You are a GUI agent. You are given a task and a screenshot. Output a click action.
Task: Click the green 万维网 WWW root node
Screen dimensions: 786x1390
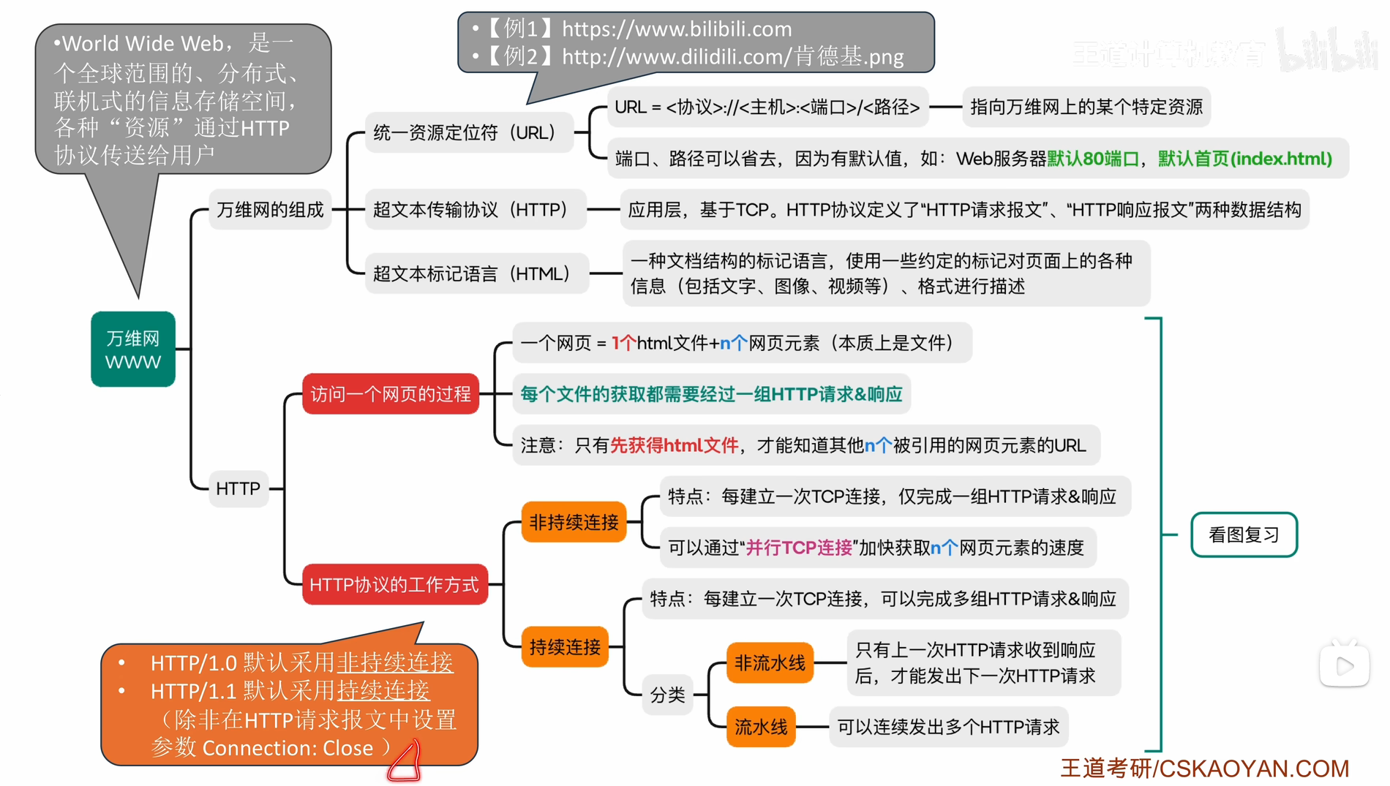(x=133, y=349)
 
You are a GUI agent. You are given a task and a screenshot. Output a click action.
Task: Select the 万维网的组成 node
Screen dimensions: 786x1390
(x=270, y=210)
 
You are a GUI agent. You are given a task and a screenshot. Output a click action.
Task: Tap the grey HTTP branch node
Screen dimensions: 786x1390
(x=238, y=488)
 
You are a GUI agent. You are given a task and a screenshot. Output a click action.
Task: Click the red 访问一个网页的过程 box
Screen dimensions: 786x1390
(x=391, y=394)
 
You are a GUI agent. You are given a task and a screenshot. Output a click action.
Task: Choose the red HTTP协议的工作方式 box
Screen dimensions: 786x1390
(x=394, y=584)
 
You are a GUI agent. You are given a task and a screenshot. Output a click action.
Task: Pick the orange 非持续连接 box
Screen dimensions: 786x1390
(x=574, y=522)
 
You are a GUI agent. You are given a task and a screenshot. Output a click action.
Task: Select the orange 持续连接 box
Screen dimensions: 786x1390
(x=565, y=646)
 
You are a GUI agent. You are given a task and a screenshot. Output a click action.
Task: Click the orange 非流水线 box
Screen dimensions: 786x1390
(x=770, y=663)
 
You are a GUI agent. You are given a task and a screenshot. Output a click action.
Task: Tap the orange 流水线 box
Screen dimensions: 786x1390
(x=761, y=727)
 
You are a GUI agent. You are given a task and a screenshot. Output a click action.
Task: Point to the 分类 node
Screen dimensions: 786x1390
(x=667, y=695)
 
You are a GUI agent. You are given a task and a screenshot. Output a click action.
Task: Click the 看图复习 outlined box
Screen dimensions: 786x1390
(x=1244, y=535)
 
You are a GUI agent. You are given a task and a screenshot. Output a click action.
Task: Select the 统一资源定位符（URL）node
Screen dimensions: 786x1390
(x=469, y=132)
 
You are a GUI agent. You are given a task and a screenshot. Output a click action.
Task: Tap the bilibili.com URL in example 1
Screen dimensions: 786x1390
(x=677, y=29)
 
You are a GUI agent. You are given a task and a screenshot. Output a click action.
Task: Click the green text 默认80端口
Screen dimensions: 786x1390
(x=1093, y=159)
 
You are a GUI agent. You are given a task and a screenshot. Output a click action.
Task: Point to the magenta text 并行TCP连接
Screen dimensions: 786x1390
(x=799, y=548)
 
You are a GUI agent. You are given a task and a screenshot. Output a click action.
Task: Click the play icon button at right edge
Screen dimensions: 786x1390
(x=1344, y=666)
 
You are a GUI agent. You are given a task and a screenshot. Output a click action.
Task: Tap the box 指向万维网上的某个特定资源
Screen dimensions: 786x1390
(x=1086, y=107)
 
